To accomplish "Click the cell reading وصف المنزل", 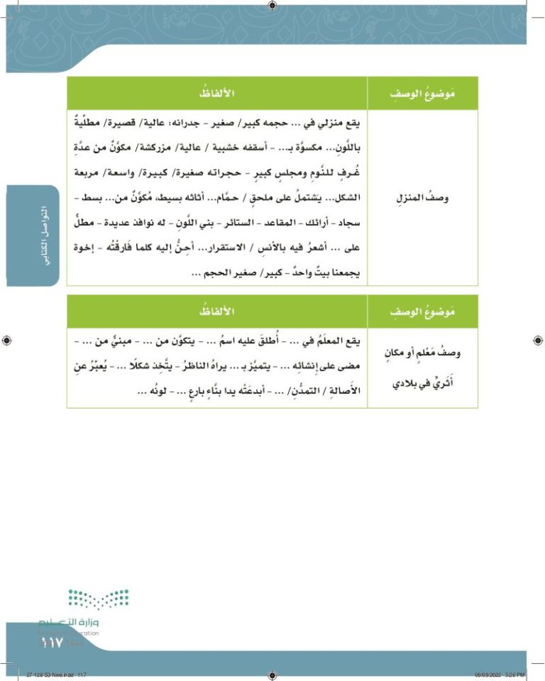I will click(x=423, y=198).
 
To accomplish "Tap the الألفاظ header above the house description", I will click(x=216, y=93).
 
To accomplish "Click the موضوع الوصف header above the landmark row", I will click(x=423, y=312).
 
